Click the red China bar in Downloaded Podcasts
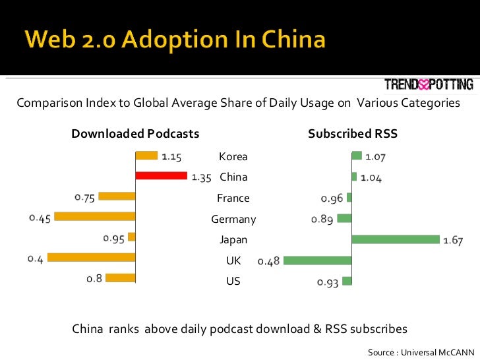(x=161, y=176)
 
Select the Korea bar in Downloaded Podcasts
(x=146, y=156)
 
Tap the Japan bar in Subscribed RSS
(x=396, y=239)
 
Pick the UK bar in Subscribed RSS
(x=317, y=260)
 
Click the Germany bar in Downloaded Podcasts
(x=95, y=216)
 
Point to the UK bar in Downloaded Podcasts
(x=91, y=258)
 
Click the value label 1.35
(x=201, y=177)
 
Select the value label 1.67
(x=452, y=241)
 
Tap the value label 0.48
(x=268, y=262)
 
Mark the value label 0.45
(x=40, y=219)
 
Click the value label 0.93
(x=328, y=282)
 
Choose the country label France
(x=233, y=198)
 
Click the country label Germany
(x=233, y=219)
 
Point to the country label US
(x=233, y=282)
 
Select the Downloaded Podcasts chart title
(x=135, y=134)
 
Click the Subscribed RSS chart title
(x=353, y=134)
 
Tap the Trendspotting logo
(x=429, y=84)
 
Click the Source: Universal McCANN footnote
(x=421, y=352)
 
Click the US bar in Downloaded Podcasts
(x=120, y=278)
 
